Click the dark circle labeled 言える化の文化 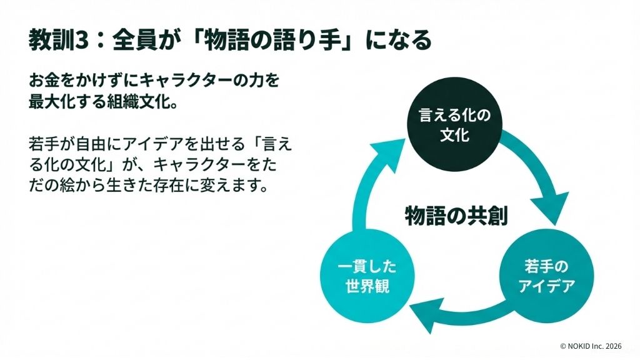coord(454,125)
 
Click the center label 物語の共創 coord(456,216)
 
